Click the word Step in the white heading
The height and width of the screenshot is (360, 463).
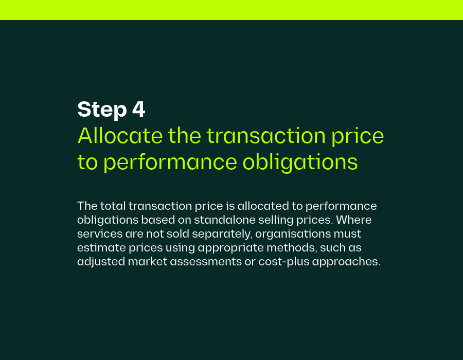coord(102,110)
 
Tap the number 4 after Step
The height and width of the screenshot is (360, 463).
coord(138,109)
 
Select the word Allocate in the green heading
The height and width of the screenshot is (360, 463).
coord(120,136)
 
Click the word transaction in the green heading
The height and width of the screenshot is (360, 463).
coord(266,136)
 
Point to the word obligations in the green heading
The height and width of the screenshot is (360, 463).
coord(300,162)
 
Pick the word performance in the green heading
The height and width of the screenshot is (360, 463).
coord(170,163)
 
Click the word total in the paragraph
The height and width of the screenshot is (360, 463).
coord(113,206)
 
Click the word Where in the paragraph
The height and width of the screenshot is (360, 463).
coord(354,220)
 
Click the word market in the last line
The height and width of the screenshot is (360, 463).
coord(147,262)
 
